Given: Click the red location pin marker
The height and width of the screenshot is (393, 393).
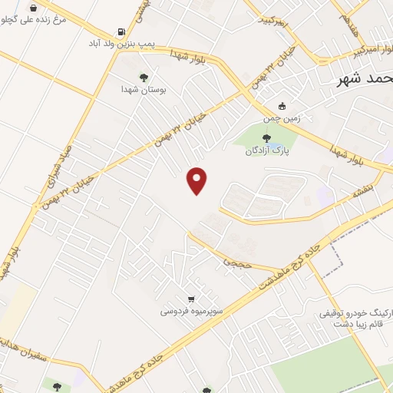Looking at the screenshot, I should coord(198,180).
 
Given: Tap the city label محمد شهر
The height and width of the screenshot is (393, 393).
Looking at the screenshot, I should coord(365,80).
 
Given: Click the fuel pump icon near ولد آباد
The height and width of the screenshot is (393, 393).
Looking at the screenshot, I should coord(121,32).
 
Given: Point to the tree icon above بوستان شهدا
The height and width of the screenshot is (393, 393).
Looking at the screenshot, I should coord(143,77).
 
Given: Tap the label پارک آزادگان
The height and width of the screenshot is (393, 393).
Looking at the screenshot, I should coord(265,150).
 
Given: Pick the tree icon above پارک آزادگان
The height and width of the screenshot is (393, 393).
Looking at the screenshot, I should coord(266,138).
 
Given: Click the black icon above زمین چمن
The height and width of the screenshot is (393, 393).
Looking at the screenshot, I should coord(282,106).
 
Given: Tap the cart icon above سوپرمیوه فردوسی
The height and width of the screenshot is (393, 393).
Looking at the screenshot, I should coord(191,299).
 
